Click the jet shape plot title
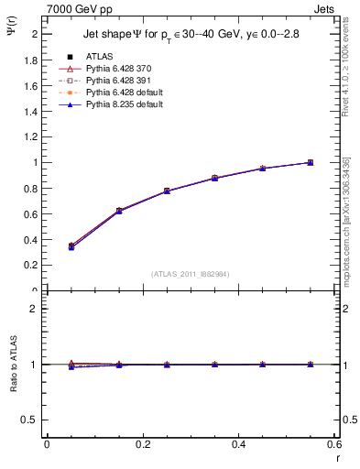click(191, 34)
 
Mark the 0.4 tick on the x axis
click(238, 444)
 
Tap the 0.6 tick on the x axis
click(333, 444)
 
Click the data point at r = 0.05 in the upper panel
click(71, 246)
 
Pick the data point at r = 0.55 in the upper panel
click(310, 163)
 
